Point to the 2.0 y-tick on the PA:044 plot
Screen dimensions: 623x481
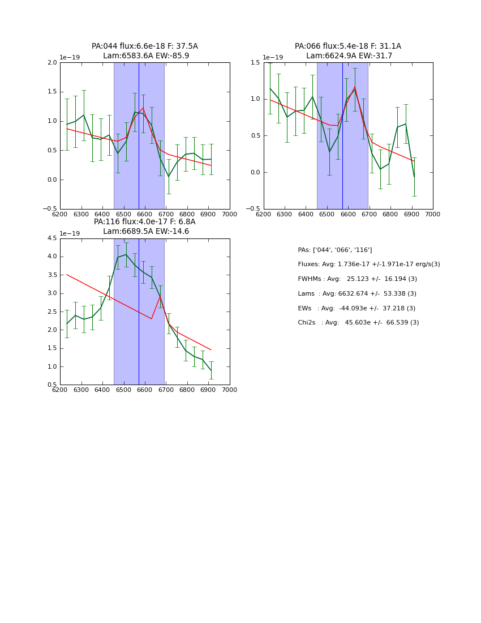coord(52,63)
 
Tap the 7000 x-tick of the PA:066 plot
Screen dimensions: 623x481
coord(432,215)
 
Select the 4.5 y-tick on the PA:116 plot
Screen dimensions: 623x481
coord(52,238)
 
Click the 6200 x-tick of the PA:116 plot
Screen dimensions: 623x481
coord(60,390)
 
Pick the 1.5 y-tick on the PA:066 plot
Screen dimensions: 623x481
coord(256,63)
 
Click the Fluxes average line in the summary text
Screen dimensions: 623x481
coord(368,264)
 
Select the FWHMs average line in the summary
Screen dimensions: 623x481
coord(357,279)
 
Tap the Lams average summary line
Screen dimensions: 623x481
coord(357,294)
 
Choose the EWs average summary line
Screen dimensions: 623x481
coord(357,309)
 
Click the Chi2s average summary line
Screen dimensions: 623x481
coord(358,323)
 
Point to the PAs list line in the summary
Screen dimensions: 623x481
coord(334,250)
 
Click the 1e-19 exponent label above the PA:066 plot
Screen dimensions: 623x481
coord(273,58)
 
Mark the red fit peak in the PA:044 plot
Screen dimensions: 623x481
coord(143,108)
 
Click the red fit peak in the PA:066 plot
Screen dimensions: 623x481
coord(355,87)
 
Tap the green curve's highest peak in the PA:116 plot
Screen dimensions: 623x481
coord(126,254)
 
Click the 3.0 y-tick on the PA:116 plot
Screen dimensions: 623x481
coord(52,293)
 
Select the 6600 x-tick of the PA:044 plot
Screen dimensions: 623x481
coord(145,215)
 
